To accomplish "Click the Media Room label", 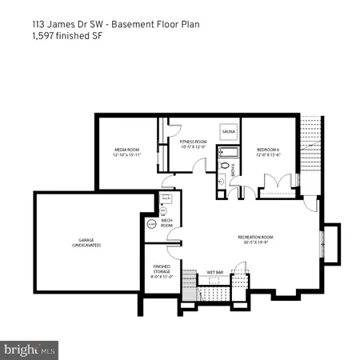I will pos(126,149).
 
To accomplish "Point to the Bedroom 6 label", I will pos(268,149).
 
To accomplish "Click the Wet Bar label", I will pos(215,273).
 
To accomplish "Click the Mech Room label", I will pos(166,223).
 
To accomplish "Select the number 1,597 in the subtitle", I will pos(46,37).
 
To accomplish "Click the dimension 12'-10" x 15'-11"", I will pos(126,154).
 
